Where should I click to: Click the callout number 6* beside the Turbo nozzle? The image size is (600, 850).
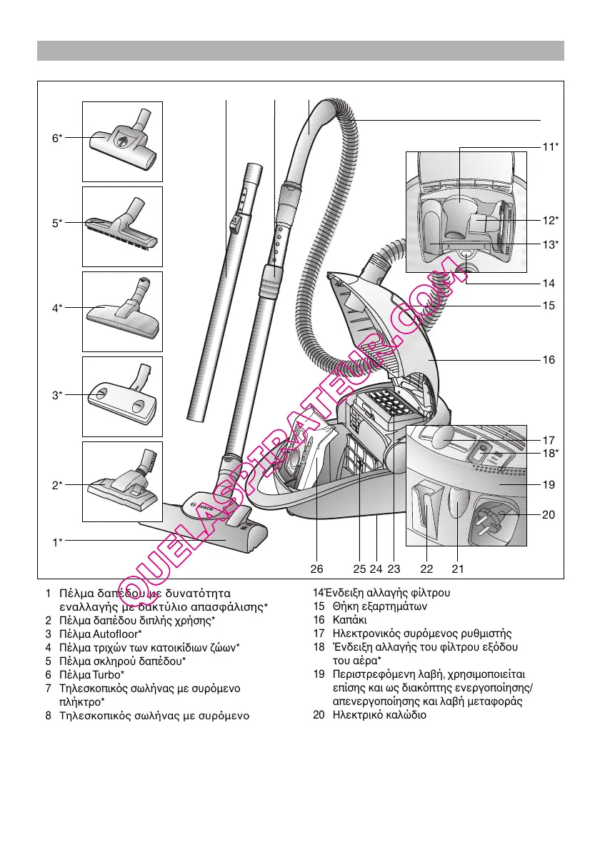point(56,138)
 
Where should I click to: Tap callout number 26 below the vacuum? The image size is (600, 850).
point(317,569)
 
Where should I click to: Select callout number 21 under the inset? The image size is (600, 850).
point(458,569)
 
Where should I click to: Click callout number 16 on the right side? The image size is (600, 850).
point(548,360)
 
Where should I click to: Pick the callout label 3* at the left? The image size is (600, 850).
point(56,394)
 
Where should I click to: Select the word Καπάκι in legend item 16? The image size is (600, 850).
point(349,620)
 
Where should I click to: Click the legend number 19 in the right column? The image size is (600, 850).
point(319,674)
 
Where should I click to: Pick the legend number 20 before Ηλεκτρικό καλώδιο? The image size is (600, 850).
point(319,714)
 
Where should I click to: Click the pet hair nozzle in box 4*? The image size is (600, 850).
point(123,313)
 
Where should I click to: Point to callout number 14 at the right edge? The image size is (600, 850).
point(548,283)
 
